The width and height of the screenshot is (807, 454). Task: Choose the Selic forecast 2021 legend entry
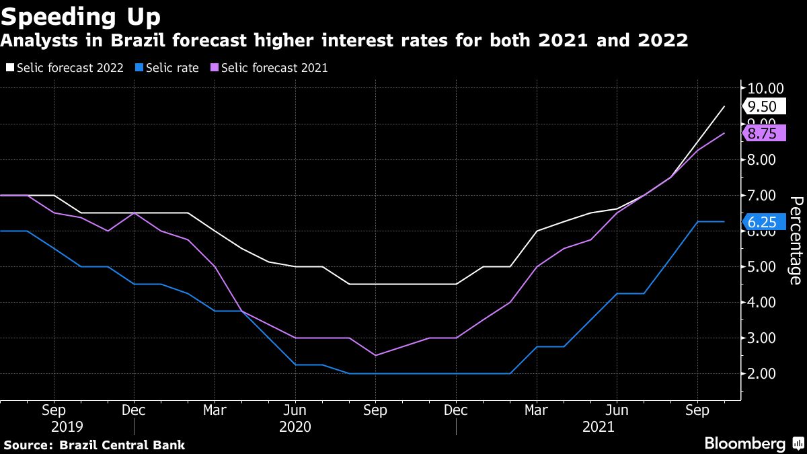(x=269, y=67)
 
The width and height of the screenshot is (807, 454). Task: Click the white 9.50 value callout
(x=762, y=106)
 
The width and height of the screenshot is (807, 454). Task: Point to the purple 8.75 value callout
(x=762, y=133)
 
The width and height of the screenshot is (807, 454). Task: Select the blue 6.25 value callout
(x=762, y=222)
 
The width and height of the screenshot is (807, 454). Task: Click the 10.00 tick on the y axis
(x=765, y=88)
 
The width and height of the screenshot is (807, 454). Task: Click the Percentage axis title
(x=794, y=240)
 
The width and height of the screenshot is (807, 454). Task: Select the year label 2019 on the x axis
(x=67, y=427)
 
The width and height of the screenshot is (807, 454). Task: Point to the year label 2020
(x=295, y=427)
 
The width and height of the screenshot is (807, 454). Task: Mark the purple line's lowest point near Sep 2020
(x=375, y=355)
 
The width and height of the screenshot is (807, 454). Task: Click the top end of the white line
(x=724, y=106)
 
